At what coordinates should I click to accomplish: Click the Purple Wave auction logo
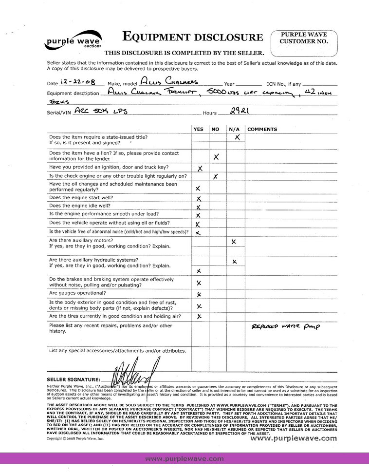click(x=73, y=42)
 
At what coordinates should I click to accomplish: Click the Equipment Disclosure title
click(x=193, y=37)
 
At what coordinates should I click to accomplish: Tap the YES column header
click(x=199, y=129)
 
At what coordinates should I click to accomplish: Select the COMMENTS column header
click(x=262, y=129)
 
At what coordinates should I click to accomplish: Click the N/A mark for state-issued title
click(x=237, y=138)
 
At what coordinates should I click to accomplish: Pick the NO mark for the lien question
click(x=216, y=156)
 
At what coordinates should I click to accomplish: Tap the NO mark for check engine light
click(x=216, y=176)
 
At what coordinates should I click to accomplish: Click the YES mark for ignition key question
click(x=200, y=168)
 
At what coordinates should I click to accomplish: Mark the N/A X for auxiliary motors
click(x=234, y=242)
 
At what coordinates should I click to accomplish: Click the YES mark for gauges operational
click(x=199, y=294)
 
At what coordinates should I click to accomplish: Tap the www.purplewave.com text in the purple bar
click(x=184, y=458)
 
